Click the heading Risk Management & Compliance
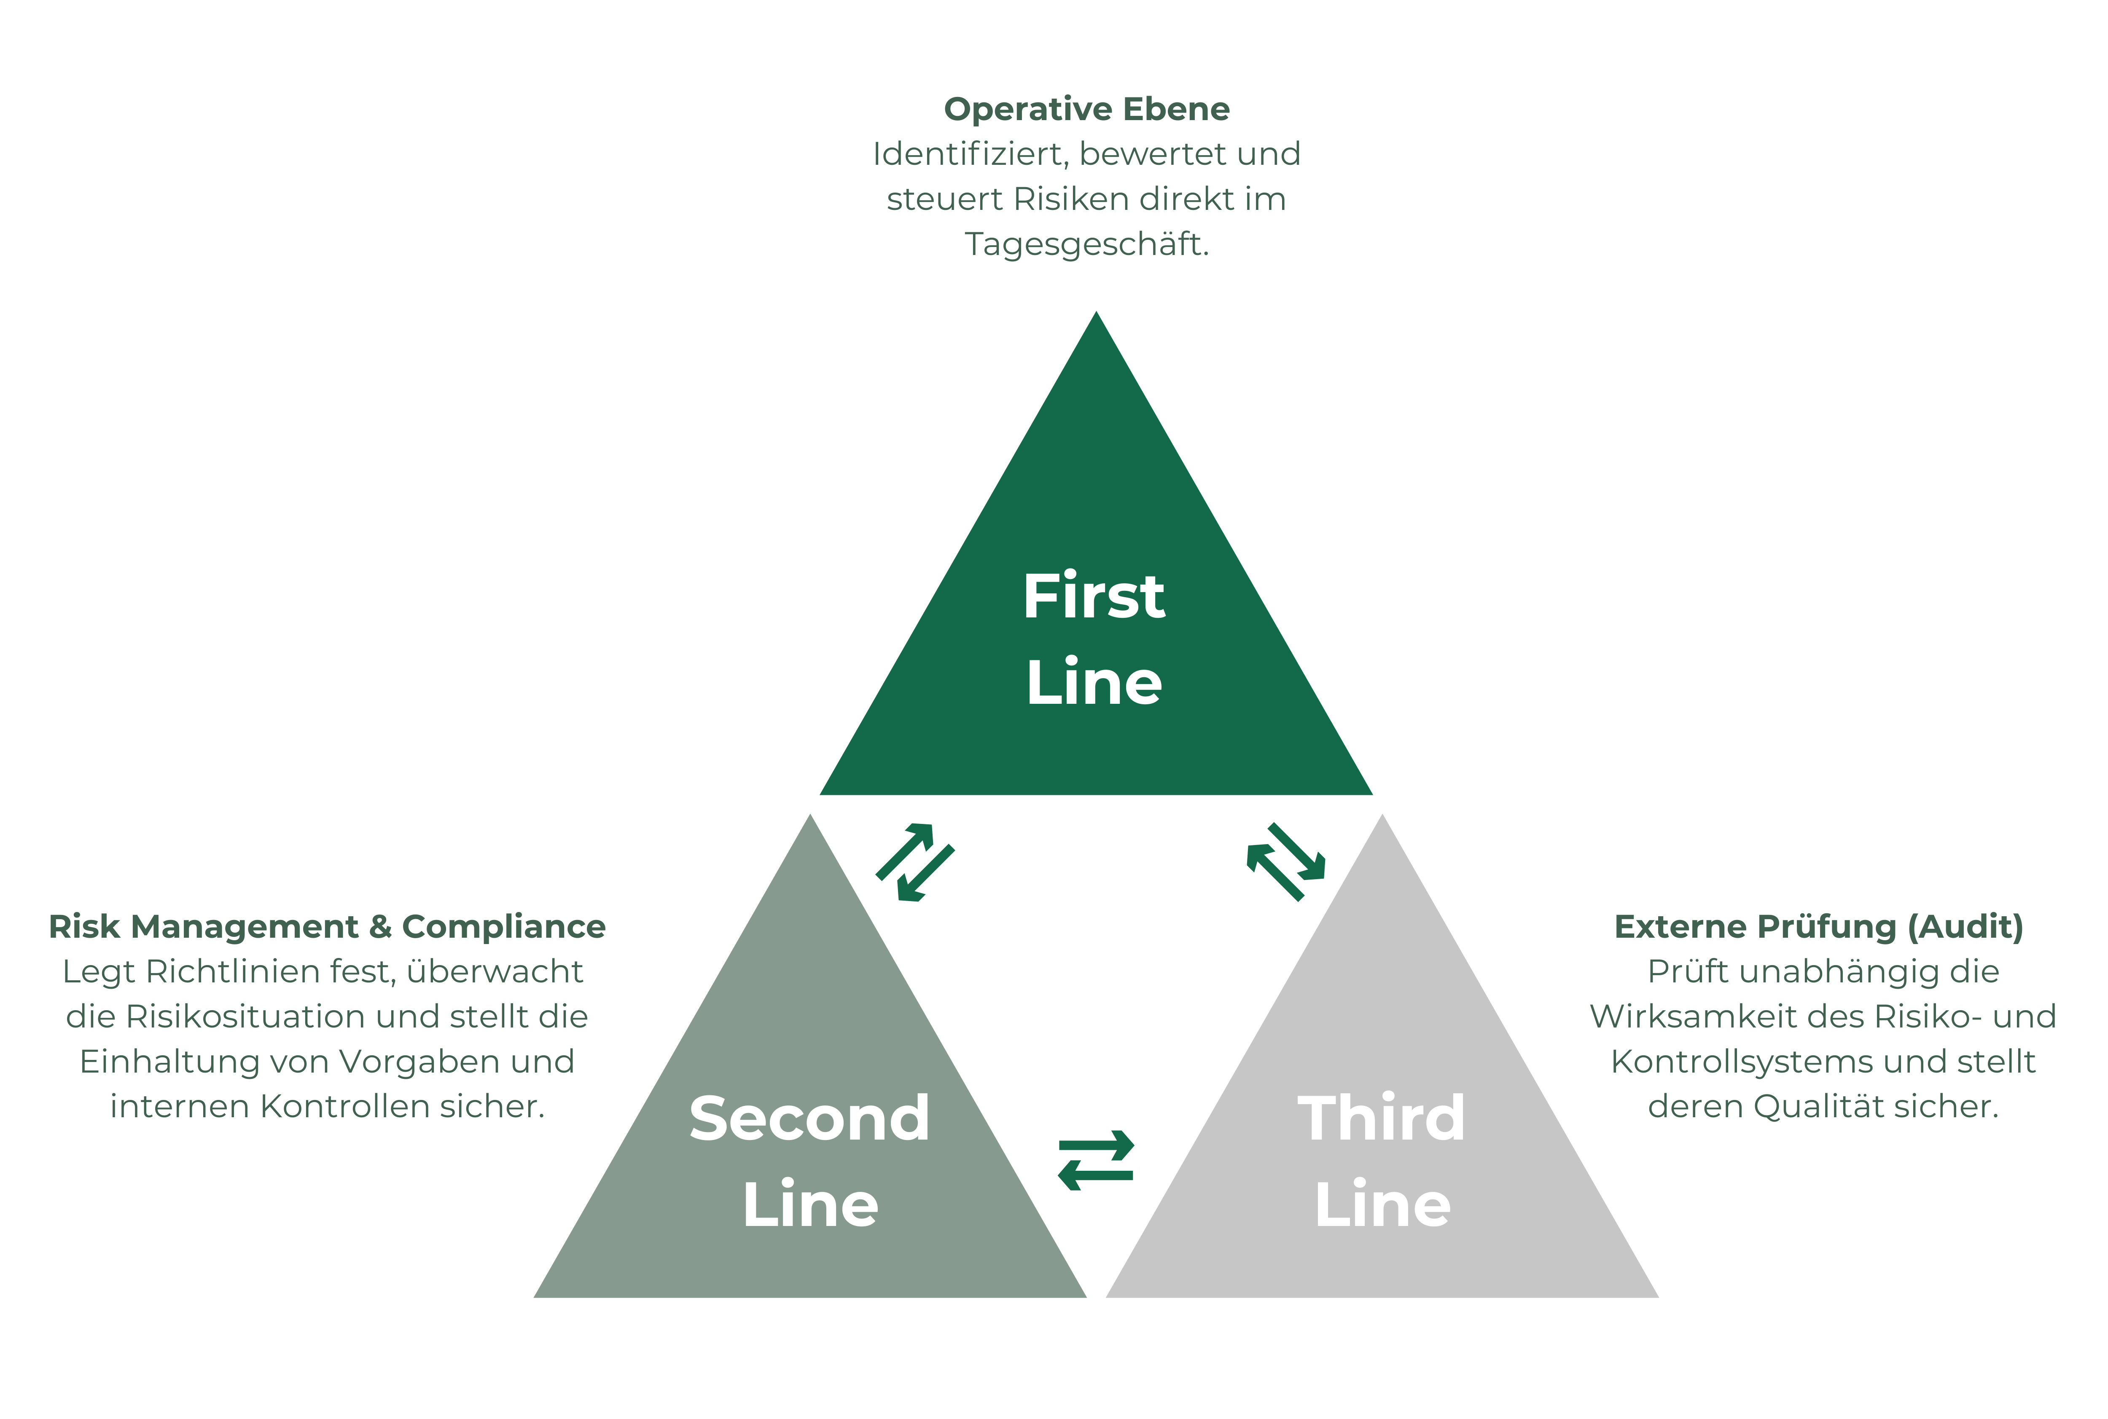point(327,927)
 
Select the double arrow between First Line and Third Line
point(1285,861)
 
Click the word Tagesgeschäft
point(1086,244)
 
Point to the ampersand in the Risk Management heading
point(380,927)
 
